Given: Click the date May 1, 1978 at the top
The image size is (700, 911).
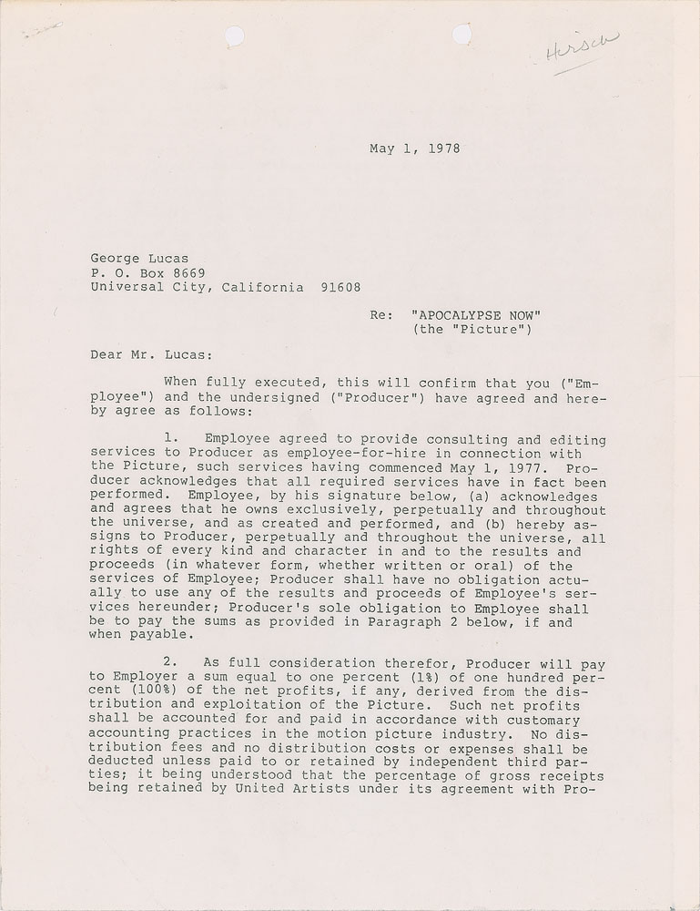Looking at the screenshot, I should [x=414, y=148].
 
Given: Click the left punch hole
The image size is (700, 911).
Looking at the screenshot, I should [x=234, y=36].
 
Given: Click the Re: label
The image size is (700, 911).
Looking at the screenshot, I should [x=381, y=315].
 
